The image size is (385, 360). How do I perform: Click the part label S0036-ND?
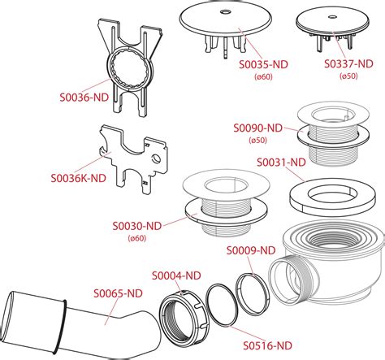(x=84, y=98)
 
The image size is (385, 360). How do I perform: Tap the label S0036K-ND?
(x=78, y=178)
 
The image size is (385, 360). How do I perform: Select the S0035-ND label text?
(x=263, y=65)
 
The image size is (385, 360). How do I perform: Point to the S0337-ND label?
(x=348, y=64)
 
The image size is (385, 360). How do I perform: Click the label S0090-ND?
(x=258, y=128)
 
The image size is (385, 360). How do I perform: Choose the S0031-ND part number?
(x=281, y=163)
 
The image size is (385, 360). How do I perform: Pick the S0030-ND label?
(x=137, y=226)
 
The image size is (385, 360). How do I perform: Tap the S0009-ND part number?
(x=251, y=250)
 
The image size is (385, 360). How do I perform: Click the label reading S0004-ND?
(x=176, y=275)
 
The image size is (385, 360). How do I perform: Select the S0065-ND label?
(x=118, y=293)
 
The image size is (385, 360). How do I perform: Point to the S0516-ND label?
(x=267, y=345)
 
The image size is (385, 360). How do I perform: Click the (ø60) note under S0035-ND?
(x=263, y=77)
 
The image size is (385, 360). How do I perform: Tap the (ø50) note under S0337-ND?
(x=348, y=76)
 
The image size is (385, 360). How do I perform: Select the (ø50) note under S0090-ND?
(x=258, y=141)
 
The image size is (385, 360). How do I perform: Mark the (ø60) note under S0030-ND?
(x=137, y=238)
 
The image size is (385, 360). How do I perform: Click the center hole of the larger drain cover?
(x=225, y=12)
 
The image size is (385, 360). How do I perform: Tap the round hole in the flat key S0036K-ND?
(x=156, y=158)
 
